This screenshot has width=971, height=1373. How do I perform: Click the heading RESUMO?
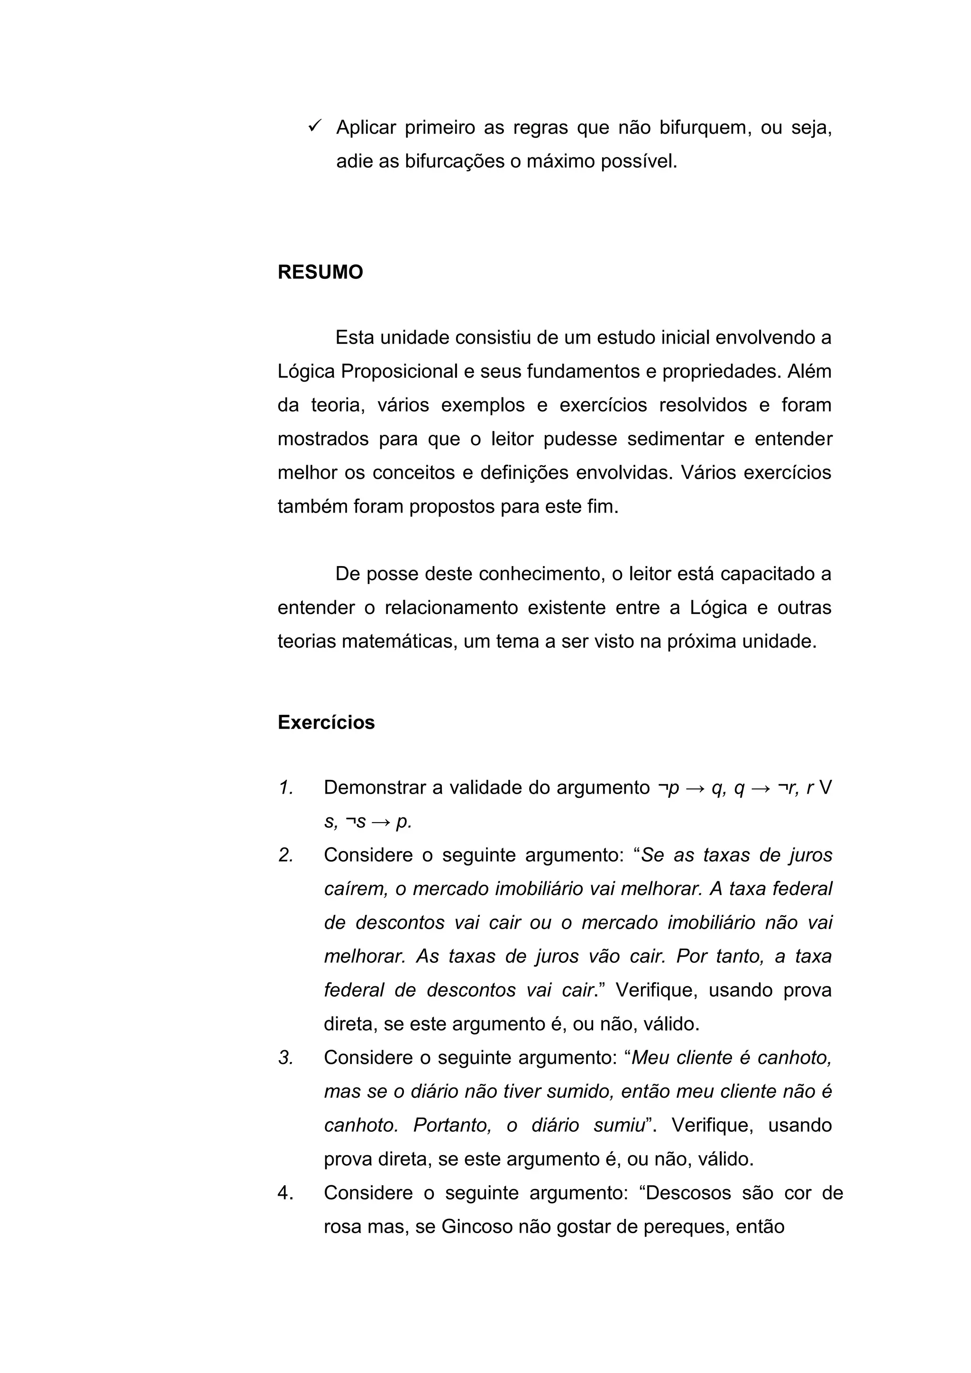(x=320, y=273)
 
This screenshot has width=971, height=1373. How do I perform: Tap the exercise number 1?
(x=285, y=788)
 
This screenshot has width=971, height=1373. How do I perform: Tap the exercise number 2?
(x=286, y=855)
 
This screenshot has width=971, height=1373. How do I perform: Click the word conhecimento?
(x=539, y=574)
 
